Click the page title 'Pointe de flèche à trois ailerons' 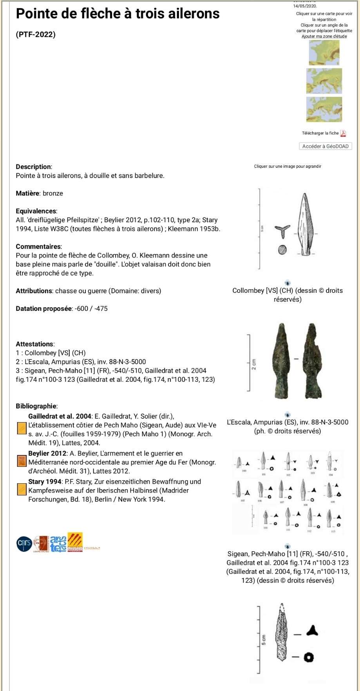pyautogui.click(x=118, y=14)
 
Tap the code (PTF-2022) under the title pyautogui.click(x=36, y=34)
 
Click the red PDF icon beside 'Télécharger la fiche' pyautogui.click(x=343, y=133)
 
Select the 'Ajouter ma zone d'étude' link pyautogui.click(x=324, y=36)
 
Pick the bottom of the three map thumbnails pyautogui.click(x=324, y=109)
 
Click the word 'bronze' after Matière pyautogui.click(x=53, y=193)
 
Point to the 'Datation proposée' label pyautogui.click(x=44, y=308)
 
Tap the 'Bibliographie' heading pyautogui.click(x=36, y=406)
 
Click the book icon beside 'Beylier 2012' pyautogui.click(x=22, y=461)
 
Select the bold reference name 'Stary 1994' pyautogui.click(x=45, y=481)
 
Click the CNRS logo pyautogui.click(x=24, y=544)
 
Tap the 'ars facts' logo pyautogui.click(x=58, y=544)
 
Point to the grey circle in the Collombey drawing pyautogui.click(x=282, y=250)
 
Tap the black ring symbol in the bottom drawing pyautogui.click(x=309, y=657)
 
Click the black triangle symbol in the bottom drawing pyautogui.click(x=312, y=631)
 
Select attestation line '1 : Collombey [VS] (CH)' pyautogui.click(x=51, y=353)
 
